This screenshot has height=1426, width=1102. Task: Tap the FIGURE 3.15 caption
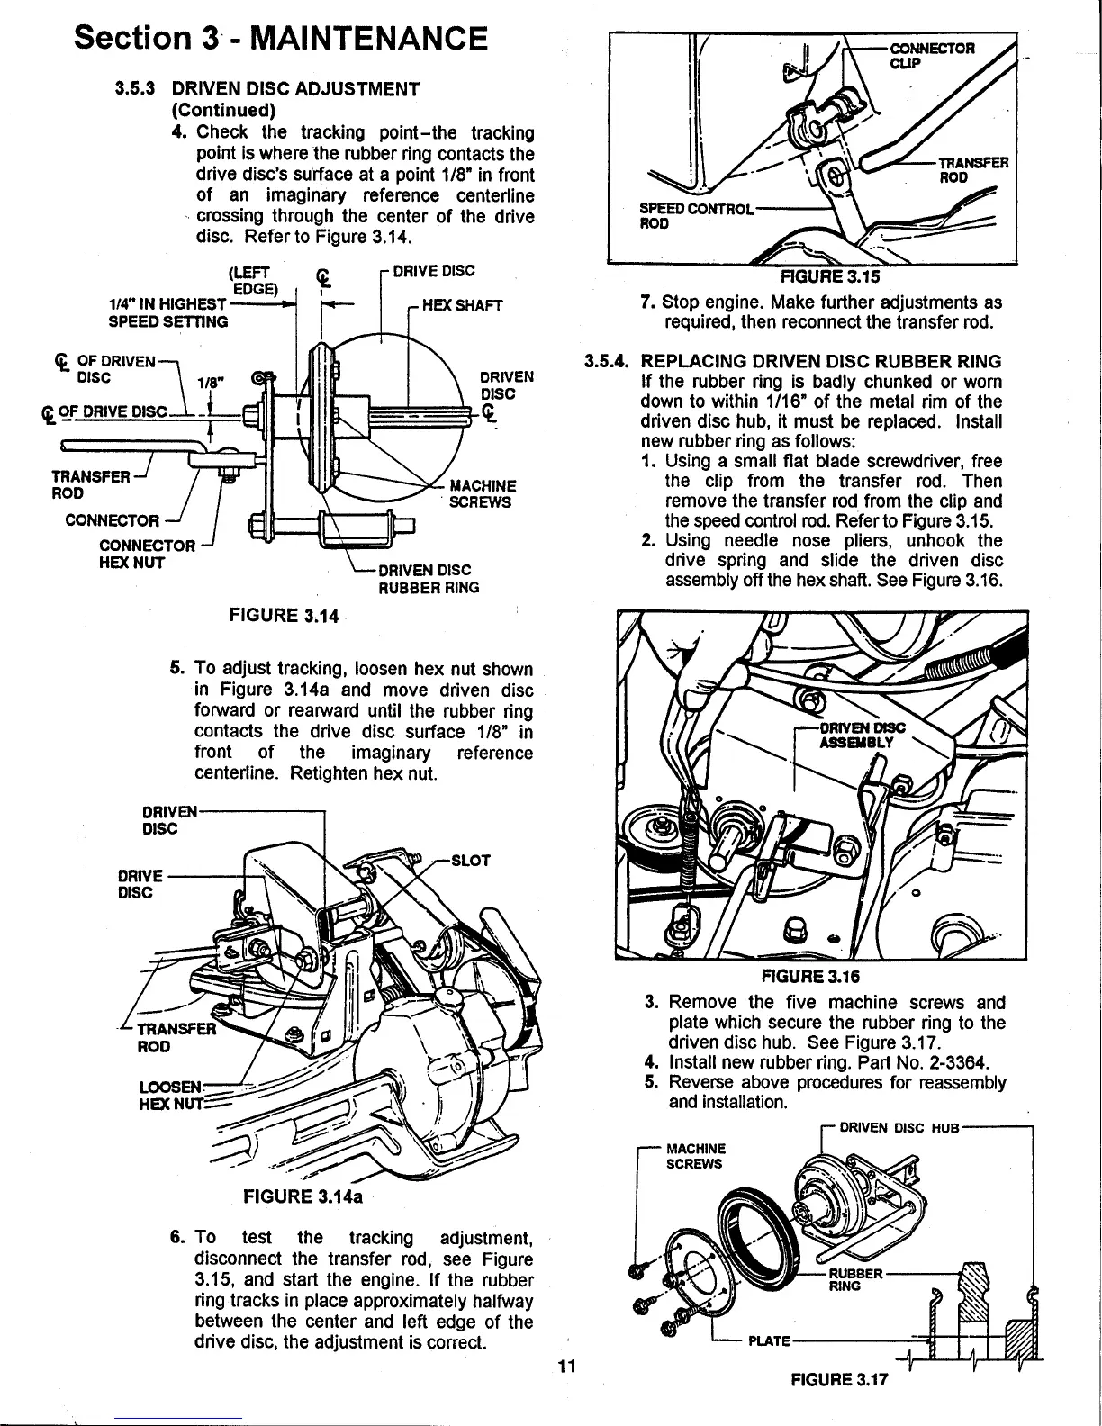[821, 275]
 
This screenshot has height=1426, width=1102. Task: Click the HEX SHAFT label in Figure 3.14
[461, 306]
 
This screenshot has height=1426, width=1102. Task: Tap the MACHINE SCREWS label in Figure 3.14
[483, 494]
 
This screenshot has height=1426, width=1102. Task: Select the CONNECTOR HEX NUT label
[146, 554]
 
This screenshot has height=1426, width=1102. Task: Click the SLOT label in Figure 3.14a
[470, 860]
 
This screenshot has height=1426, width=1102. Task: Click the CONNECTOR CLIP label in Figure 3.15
[930, 54]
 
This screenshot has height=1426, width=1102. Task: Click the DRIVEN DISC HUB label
[900, 1126]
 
